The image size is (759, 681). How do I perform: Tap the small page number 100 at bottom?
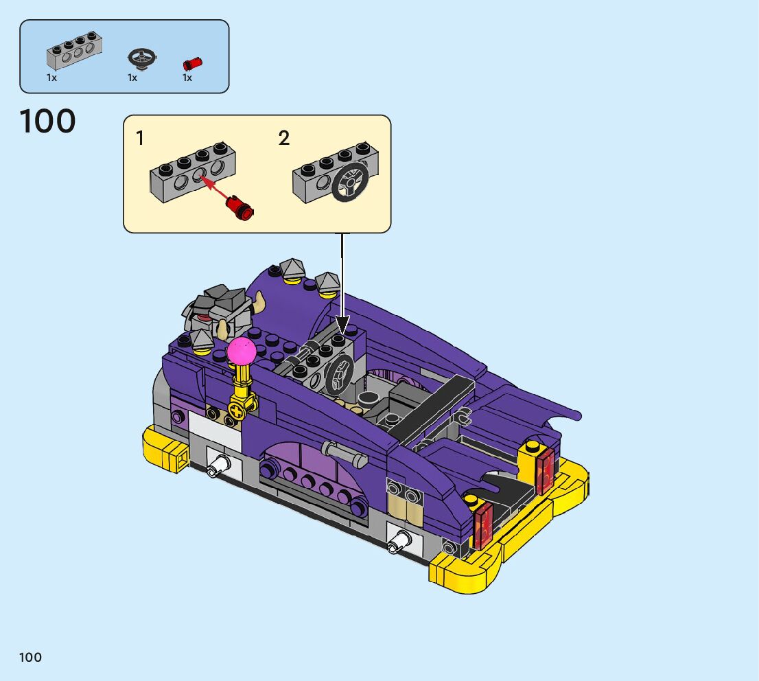30,657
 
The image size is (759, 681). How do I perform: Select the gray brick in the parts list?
74,51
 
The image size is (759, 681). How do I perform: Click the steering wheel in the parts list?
142,58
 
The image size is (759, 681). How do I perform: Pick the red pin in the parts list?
192,63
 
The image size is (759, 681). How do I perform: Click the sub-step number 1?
140,138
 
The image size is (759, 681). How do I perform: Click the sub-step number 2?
284,138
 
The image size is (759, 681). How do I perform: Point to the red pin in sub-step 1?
240,207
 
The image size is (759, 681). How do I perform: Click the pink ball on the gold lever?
242,351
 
